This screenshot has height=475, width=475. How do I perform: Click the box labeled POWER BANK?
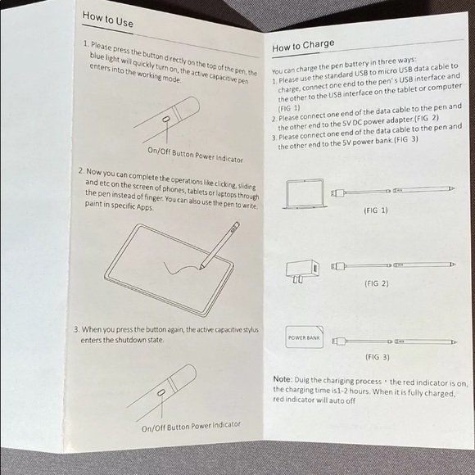click(302, 338)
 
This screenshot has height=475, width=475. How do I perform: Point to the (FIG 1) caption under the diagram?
click(375, 210)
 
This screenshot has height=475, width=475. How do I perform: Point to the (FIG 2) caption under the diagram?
click(375, 283)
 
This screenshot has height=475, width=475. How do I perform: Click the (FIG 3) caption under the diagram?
click(377, 357)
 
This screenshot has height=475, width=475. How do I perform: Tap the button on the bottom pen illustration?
click(161, 395)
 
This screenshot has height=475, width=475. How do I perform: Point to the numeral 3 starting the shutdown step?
click(76, 330)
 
